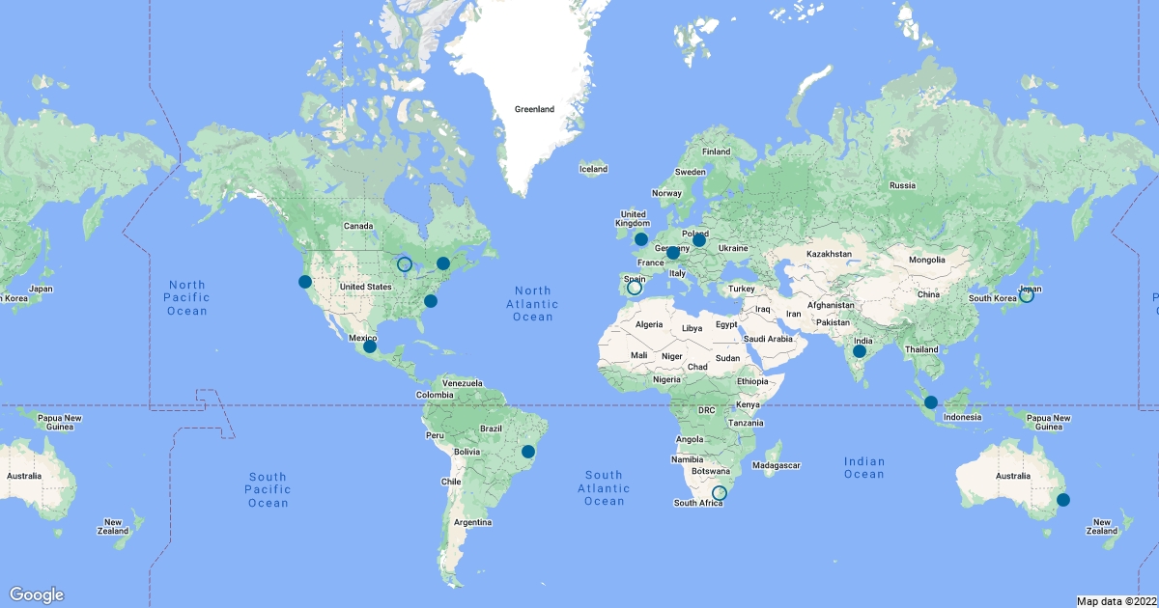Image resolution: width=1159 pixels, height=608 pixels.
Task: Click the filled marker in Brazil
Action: tap(528, 451)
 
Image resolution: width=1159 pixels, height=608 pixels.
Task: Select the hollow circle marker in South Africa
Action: tap(719, 493)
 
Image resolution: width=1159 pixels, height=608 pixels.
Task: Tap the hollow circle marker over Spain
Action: tap(635, 288)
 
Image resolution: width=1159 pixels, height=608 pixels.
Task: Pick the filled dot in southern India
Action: tap(859, 351)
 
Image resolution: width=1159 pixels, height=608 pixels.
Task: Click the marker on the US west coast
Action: tap(305, 282)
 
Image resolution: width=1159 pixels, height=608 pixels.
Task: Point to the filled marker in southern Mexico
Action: tap(369, 346)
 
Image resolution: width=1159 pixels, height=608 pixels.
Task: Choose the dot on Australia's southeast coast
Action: tap(1063, 499)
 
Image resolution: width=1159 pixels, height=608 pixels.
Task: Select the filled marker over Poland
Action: tap(699, 239)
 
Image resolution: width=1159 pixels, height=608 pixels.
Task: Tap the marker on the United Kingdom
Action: tap(640, 238)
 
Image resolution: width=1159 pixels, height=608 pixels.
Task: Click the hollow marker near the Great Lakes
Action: tap(405, 263)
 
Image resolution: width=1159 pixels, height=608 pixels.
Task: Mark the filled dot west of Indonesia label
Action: tap(930, 402)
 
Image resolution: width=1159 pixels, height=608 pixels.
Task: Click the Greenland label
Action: tap(534, 109)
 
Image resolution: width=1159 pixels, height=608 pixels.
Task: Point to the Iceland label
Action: tap(593, 169)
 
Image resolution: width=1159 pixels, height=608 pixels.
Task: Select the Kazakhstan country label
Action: tap(830, 254)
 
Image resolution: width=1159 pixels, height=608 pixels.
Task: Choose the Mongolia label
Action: tap(934, 261)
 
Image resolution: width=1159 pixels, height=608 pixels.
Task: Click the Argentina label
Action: tap(473, 522)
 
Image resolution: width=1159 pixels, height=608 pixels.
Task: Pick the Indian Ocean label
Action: tap(863, 467)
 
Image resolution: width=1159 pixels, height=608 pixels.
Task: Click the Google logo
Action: tap(37, 594)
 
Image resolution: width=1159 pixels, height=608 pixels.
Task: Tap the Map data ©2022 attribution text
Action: tap(1116, 601)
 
